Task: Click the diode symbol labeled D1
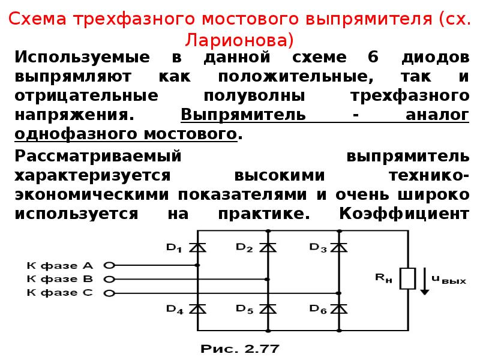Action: tap(197, 247)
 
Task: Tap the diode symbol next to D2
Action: tap(268, 247)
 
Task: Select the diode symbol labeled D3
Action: tap(339, 247)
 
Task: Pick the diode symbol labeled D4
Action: tap(197, 308)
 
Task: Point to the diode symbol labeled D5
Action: tap(268, 308)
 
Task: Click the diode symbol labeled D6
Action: tap(339, 308)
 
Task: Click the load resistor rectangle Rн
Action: tap(408, 278)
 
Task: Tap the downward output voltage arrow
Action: tap(424, 281)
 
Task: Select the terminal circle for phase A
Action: tap(109, 265)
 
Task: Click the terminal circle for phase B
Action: tap(109, 279)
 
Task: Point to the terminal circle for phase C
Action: tap(109, 293)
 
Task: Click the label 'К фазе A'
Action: tap(59, 265)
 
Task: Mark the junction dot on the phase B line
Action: tap(267, 279)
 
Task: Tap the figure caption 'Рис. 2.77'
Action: tap(240, 349)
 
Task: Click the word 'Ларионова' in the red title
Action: tap(239, 40)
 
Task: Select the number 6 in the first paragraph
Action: tap(373, 56)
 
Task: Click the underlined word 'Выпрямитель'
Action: tap(244, 115)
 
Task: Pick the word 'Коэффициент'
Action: tap(404, 213)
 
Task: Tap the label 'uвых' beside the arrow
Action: tap(449, 280)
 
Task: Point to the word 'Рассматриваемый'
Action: tap(98, 156)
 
